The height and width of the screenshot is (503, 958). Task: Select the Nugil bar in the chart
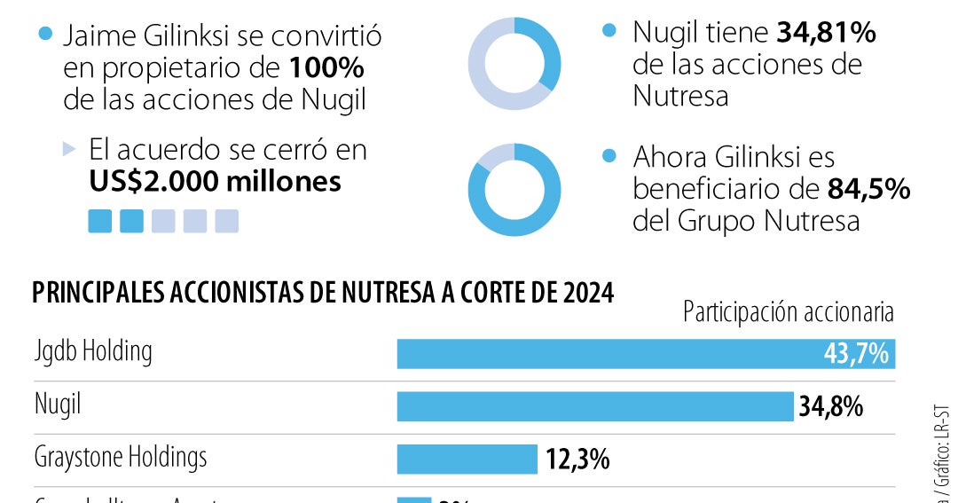[594, 406]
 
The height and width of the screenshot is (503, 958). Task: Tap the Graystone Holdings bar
[467, 459]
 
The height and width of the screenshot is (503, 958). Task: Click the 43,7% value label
[856, 354]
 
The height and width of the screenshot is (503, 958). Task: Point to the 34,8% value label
[831, 406]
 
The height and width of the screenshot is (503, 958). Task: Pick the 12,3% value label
[577, 459]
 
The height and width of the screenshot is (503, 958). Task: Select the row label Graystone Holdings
[121, 457]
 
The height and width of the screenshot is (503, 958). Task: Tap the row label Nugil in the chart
[58, 405]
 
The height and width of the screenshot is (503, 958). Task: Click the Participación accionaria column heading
[788, 312]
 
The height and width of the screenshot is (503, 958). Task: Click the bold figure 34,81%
[827, 34]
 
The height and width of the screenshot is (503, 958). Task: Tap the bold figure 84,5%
[868, 189]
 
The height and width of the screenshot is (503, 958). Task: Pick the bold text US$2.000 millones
[215, 181]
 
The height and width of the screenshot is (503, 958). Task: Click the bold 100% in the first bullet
[326, 67]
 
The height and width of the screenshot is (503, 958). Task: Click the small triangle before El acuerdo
[70, 149]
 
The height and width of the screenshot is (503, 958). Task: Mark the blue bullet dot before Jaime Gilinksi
[46, 35]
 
